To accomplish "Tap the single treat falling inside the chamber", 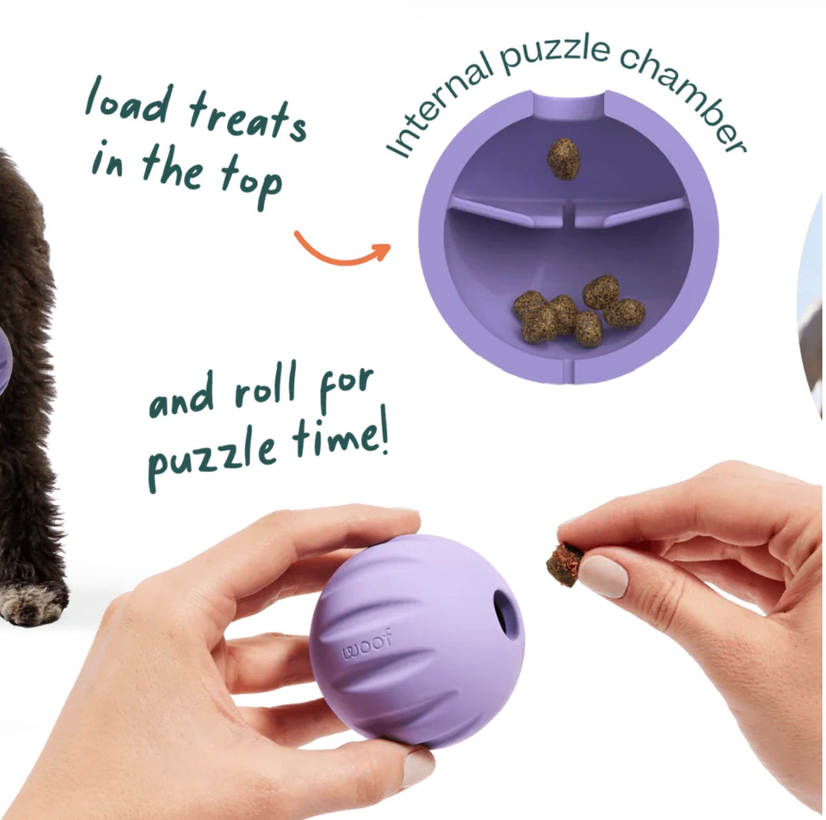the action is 564,158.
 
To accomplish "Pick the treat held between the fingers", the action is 564,564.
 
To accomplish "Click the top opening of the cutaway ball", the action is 569,105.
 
